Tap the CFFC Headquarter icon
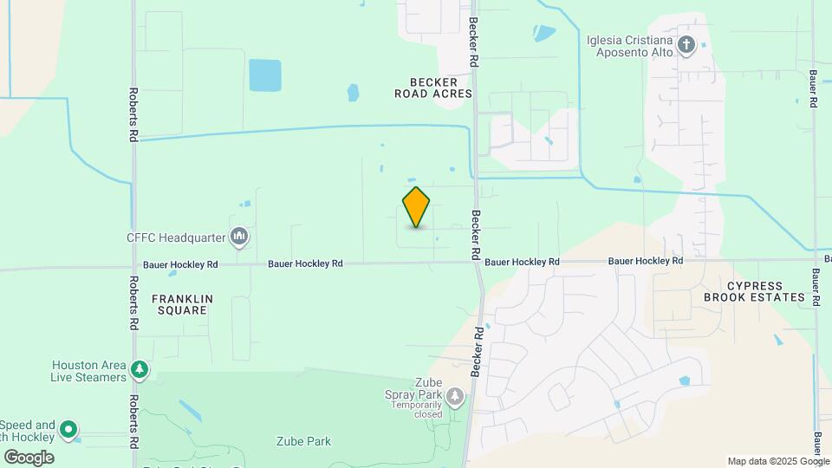[x=240, y=236]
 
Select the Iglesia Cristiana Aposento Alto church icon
[x=686, y=46]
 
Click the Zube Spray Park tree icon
[x=455, y=397]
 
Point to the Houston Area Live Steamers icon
[x=139, y=371]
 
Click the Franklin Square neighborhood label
[x=182, y=304]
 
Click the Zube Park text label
[x=303, y=441]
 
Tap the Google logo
[x=29, y=457]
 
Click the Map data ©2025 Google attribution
[x=778, y=461]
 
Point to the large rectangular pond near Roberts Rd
[x=265, y=75]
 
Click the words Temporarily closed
[x=416, y=409]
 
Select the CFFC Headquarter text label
[x=176, y=236]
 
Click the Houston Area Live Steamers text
[x=89, y=371]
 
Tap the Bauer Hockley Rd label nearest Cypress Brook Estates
[x=645, y=261]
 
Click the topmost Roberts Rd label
[x=133, y=114]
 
